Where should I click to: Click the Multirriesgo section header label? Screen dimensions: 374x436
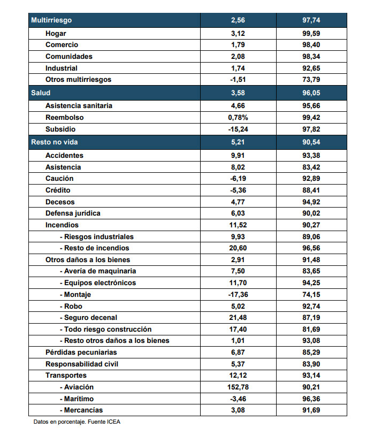(x=51, y=20)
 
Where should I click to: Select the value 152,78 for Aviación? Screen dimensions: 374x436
(x=238, y=387)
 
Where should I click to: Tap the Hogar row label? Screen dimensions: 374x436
(x=56, y=34)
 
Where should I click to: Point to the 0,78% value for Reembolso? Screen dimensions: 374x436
(x=238, y=118)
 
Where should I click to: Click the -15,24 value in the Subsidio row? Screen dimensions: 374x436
(x=238, y=129)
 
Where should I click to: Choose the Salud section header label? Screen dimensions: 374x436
(x=41, y=93)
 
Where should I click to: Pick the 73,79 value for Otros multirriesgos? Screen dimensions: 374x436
(x=311, y=80)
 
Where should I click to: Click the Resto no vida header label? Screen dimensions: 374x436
(x=55, y=142)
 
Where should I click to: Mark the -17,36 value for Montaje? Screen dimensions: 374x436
(x=238, y=295)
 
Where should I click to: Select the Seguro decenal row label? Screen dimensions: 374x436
(x=88, y=318)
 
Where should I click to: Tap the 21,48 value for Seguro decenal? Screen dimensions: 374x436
(x=238, y=318)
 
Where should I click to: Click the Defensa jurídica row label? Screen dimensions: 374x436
(x=73, y=213)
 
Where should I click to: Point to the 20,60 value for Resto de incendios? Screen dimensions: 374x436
(x=238, y=248)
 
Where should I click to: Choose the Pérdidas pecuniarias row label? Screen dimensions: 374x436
(x=81, y=353)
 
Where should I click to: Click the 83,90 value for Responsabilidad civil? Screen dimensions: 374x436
(x=311, y=364)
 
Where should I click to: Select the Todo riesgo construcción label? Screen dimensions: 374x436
(x=105, y=330)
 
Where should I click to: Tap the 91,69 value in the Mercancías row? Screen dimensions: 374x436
(x=311, y=410)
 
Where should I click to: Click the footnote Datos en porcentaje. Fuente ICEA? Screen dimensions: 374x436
(x=77, y=422)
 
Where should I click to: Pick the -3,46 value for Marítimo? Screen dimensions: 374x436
(x=238, y=399)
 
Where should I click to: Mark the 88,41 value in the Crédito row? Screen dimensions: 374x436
(x=311, y=190)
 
